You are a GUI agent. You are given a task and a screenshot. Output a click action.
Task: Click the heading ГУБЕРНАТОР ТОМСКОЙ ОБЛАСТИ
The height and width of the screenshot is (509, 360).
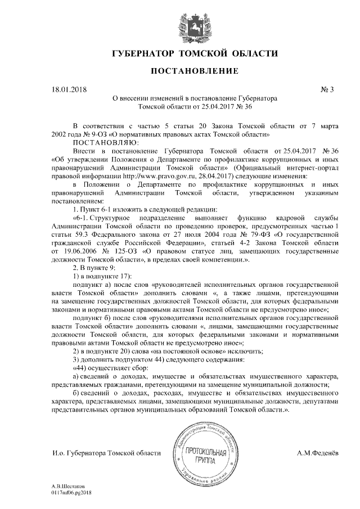[195, 53]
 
